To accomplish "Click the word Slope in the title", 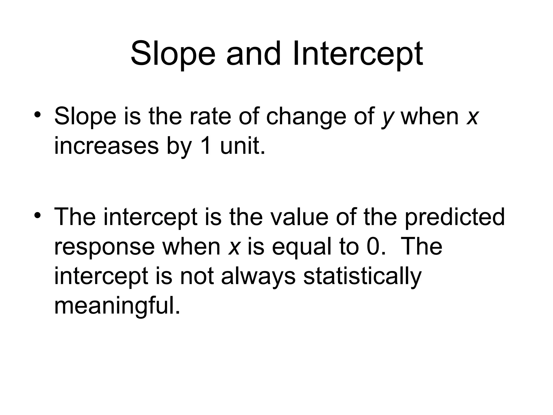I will pos(173,54).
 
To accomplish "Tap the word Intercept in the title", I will pos(358,54).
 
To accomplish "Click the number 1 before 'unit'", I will pos(206,146).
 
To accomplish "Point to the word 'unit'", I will pos(242,146).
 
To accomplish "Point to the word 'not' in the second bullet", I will pos(197,277).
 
